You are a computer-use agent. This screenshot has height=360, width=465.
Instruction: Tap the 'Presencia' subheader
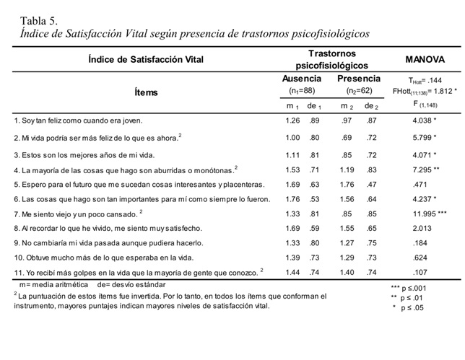[x=358, y=79]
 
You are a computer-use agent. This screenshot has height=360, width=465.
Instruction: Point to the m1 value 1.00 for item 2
[x=292, y=137]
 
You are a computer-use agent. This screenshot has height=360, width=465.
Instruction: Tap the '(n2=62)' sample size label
[x=358, y=92]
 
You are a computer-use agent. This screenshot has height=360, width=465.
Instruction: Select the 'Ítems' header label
[x=146, y=92]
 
